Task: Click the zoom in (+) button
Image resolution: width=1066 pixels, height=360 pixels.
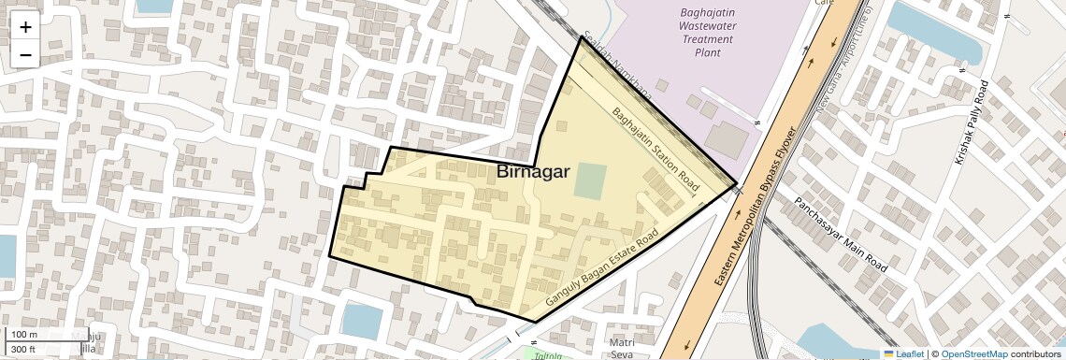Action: [25, 27]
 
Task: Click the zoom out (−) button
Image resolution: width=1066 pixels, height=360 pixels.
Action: [25, 55]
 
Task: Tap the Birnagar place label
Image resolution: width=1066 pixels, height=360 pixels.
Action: [533, 172]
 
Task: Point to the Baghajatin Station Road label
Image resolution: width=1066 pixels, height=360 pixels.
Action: [655, 151]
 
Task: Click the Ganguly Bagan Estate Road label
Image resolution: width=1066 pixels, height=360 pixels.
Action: [603, 270]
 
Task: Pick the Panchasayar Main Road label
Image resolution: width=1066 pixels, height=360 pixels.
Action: [840, 234]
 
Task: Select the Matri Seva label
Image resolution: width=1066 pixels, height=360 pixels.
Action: [621, 348]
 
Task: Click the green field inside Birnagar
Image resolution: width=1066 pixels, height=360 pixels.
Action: [589, 181]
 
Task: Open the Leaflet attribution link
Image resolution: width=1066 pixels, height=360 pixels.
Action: [903, 353]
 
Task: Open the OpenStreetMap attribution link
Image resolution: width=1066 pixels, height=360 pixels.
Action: [973, 353]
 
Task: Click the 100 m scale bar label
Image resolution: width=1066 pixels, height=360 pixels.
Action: [24, 335]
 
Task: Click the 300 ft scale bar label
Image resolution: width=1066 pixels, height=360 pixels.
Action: [24, 349]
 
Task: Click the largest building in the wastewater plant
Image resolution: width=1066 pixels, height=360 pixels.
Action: [727, 139]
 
